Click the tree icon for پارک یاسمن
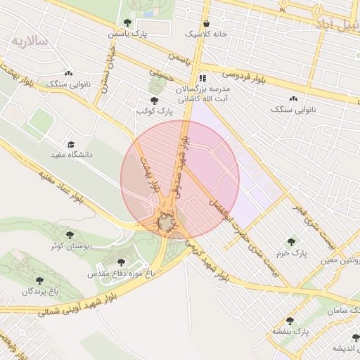coord(127,22)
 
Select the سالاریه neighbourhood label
coord(29,41)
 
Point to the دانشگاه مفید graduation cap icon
coord(70,143)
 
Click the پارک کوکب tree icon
coord(154,101)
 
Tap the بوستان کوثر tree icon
coord(69,235)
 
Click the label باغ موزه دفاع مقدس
coord(115,271)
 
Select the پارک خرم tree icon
coord(291,241)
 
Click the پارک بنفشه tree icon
coord(290,321)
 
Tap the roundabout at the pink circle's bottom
coord(166,223)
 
